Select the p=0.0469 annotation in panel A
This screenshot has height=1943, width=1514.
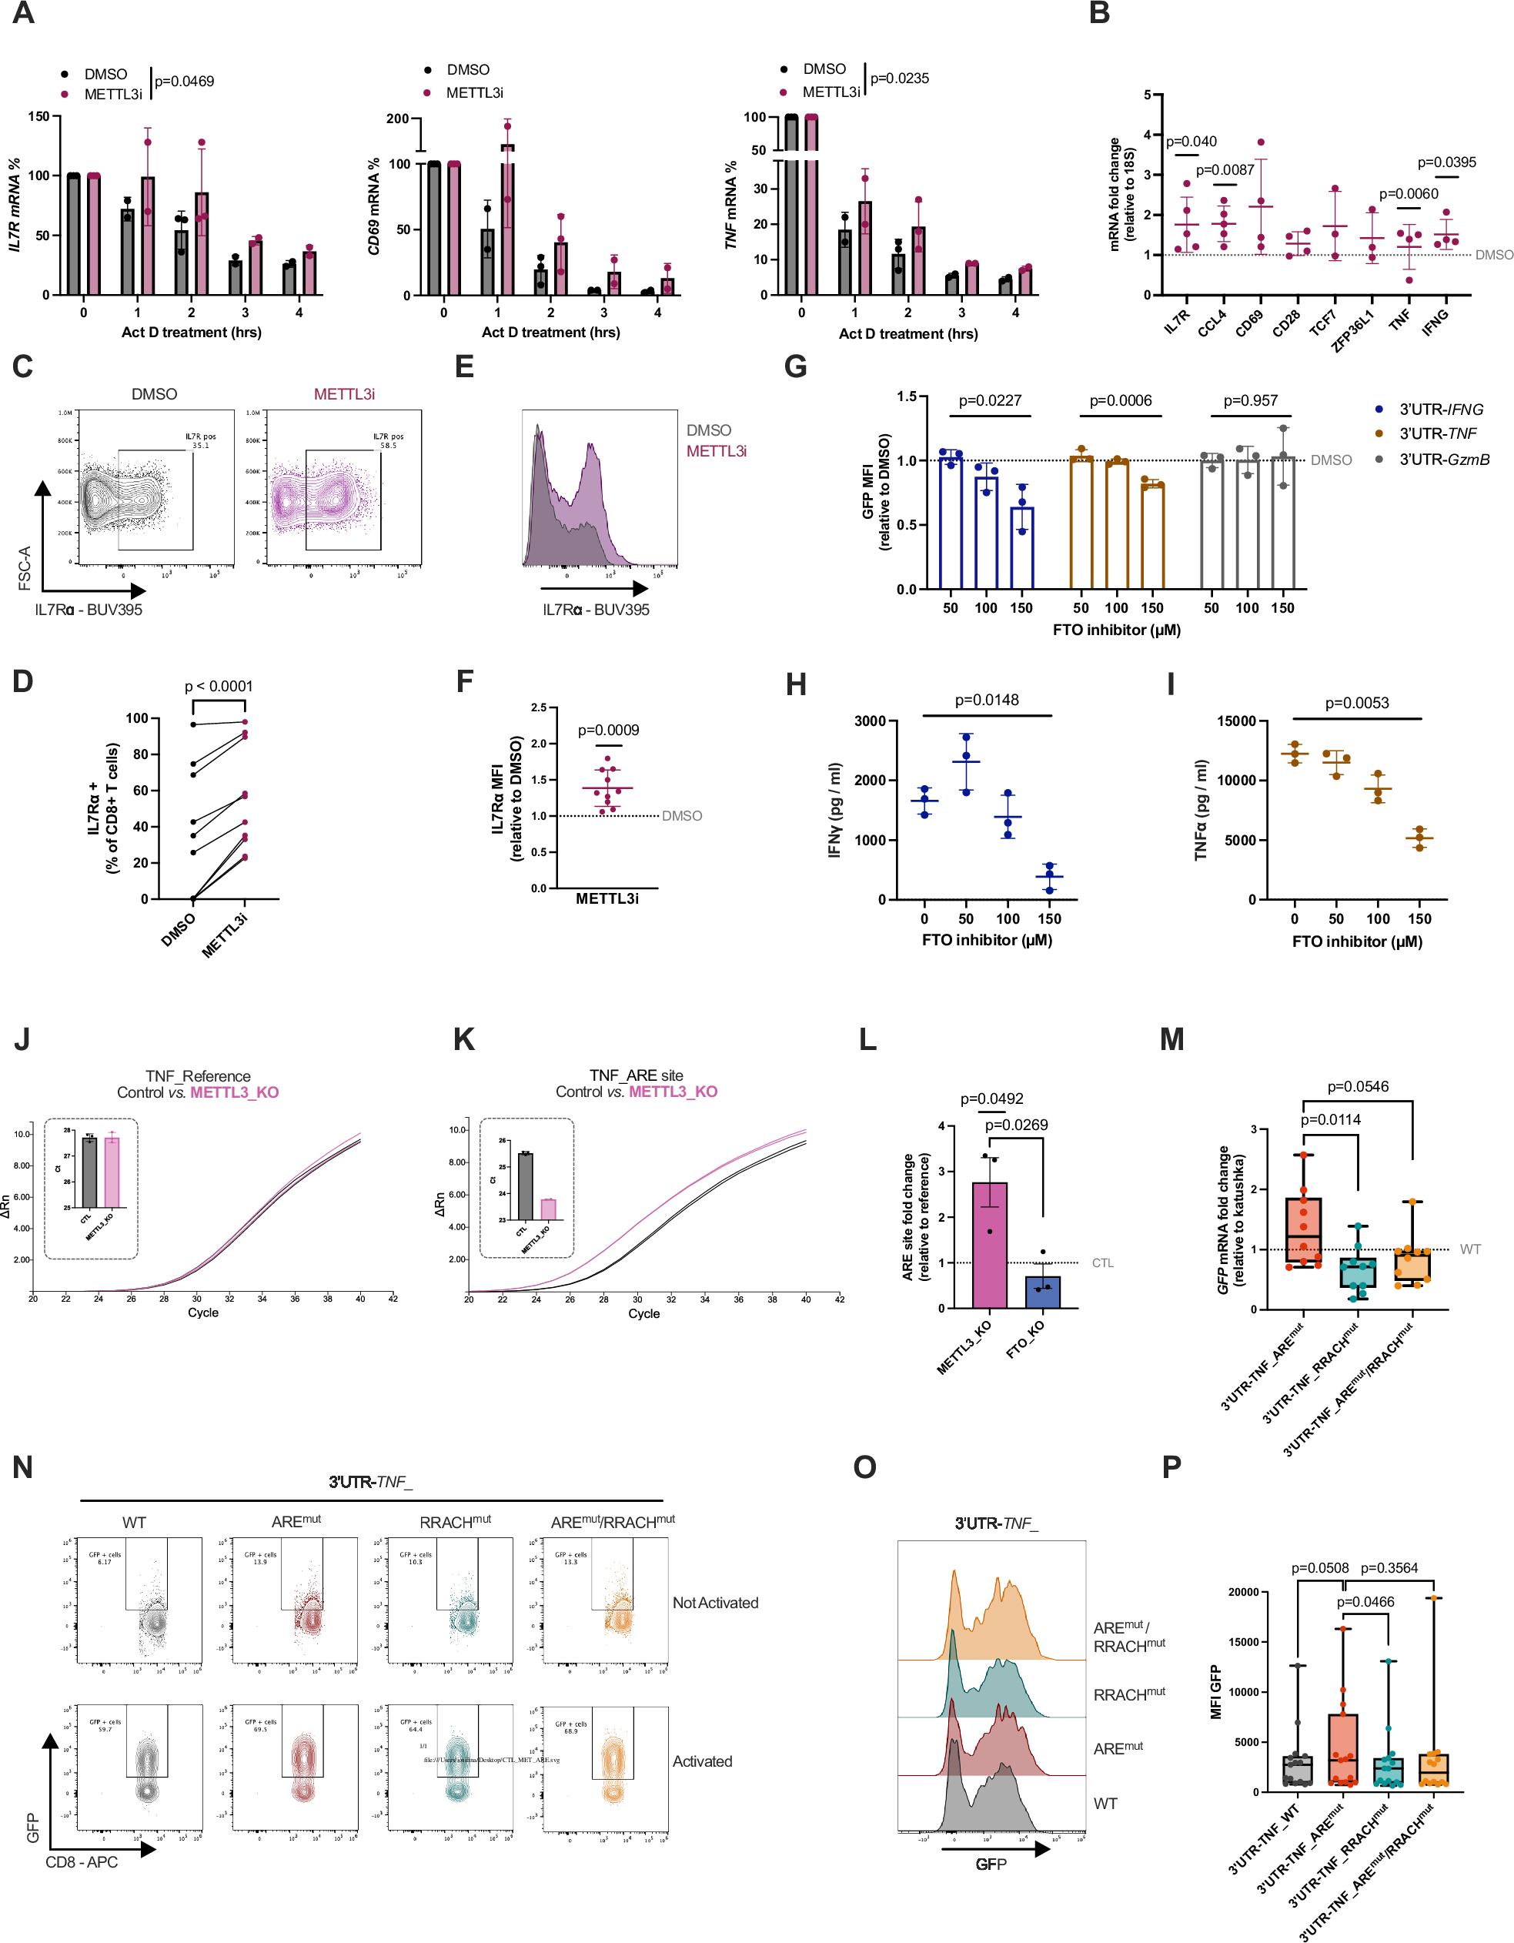(184, 81)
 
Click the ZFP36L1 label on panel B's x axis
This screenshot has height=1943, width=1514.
(1352, 330)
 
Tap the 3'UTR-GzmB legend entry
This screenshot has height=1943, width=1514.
(1443, 459)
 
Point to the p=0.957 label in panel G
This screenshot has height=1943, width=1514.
(1250, 400)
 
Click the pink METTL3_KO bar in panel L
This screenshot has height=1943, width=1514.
(989, 1246)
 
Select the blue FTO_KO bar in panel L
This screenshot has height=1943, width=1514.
(1042, 1292)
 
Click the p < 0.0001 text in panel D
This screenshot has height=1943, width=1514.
(218, 686)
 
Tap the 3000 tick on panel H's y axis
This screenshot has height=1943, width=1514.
(869, 721)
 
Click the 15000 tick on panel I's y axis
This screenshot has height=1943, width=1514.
(1235, 721)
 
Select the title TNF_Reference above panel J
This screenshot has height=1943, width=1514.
(198, 1075)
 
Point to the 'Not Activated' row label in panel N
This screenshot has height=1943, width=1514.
(714, 1602)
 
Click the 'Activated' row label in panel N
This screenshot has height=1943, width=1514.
(702, 1761)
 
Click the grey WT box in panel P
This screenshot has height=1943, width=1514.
(1297, 1771)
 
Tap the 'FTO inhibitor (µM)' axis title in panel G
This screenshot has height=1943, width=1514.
(1115, 630)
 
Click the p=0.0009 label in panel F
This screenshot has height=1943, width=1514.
(607, 730)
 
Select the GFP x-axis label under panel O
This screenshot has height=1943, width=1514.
(990, 1864)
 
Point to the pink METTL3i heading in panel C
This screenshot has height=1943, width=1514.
(343, 394)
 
